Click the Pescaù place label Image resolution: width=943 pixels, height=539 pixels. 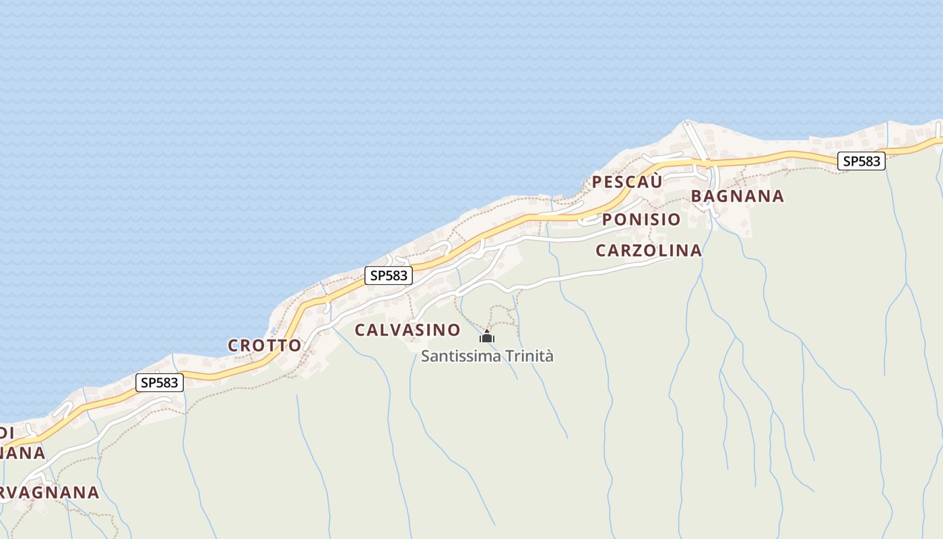click(x=627, y=181)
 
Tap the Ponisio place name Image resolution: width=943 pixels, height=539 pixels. click(x=641, y=220)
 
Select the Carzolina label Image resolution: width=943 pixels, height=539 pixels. click(x=649, y=251)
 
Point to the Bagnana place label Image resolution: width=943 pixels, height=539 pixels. click(x=738, y=196)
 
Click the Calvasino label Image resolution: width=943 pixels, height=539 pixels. click(x=408, y=330)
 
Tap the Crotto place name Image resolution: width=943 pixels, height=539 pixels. click(x=265, y=346)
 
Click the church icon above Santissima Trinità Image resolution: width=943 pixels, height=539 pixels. click(x=486, y=336)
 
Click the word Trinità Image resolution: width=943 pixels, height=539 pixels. click(x=529, y=356)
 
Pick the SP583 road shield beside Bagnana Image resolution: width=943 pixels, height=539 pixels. click(x=861, y=162)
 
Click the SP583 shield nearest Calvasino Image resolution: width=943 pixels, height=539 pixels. click(x=389, y=276)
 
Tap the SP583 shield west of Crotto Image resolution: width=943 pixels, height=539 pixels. click(x=160, y=383)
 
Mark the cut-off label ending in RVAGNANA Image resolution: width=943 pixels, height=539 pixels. click(x=50, y=493)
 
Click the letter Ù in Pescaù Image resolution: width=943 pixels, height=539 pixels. click(x=657, y=181)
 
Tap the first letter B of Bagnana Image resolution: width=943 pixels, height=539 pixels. click(x=697, y=196)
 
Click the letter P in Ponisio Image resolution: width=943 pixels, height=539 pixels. click(x=607, y=220)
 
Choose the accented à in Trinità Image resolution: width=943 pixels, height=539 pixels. click(x=549, y=356)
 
